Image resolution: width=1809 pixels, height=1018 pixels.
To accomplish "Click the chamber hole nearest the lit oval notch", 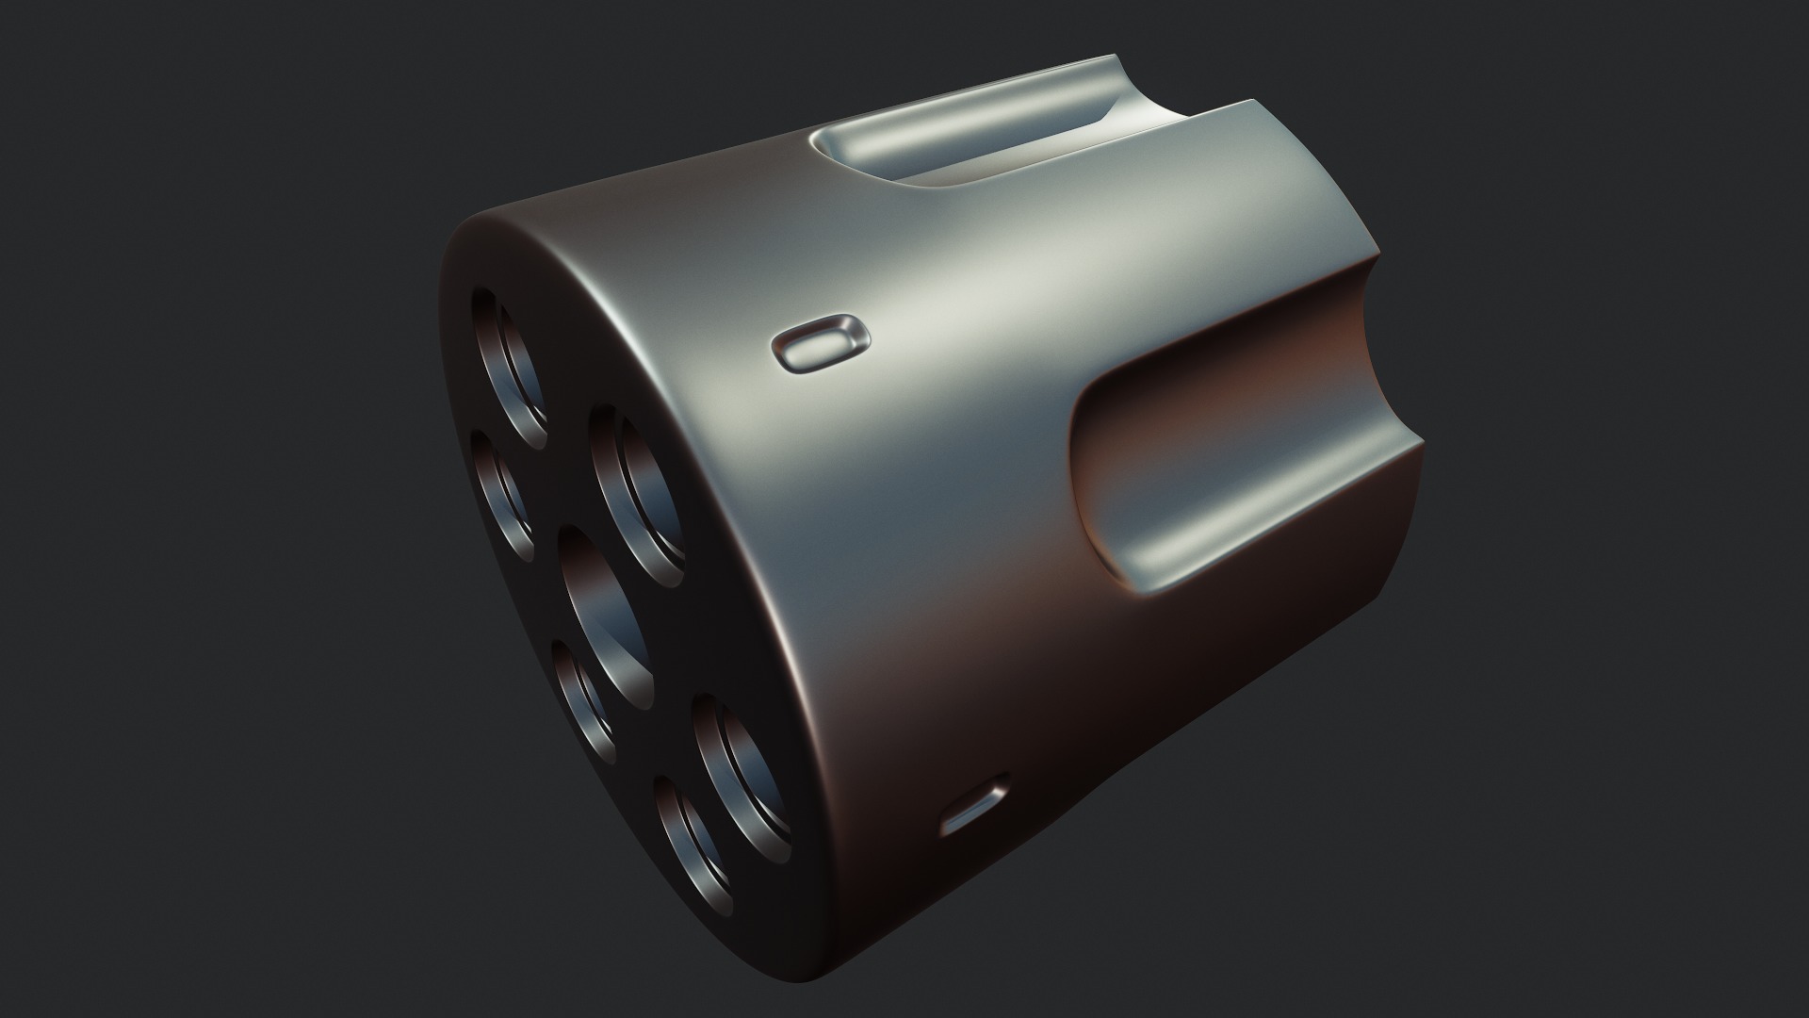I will click(x=637, y=495).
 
